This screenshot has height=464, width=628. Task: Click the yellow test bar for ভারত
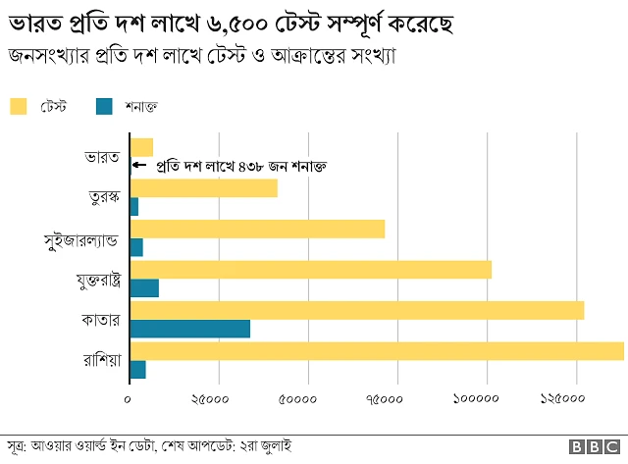point(141,147)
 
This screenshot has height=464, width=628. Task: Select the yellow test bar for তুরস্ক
point(203,188)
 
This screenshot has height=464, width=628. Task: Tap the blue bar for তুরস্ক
point(133,207)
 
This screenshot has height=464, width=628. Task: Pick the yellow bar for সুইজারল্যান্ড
point(257,229)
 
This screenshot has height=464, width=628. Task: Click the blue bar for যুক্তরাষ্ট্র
point(143,288)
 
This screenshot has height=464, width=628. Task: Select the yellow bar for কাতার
point(356,310)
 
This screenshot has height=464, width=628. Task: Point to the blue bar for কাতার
point(189,329)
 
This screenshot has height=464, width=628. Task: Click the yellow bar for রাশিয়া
point(376,351)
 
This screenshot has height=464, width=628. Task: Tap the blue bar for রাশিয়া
point(137,369)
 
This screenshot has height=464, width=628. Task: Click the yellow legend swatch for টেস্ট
point(20,105)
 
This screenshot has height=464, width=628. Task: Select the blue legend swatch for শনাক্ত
point(105,105)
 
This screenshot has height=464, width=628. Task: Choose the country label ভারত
point(102,157)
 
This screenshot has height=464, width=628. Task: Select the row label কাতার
point(101,320)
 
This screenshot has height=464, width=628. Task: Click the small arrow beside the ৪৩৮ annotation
point(137,166)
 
